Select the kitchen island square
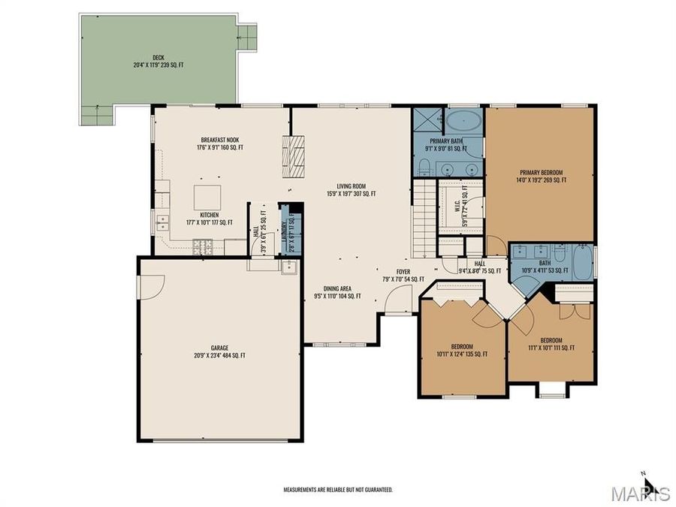tap(208, 197)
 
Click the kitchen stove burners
tap(204, 245)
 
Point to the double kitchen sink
tap(161, 222)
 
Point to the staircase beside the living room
tap(424, 221)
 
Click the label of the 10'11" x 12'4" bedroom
tap(461, 350)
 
